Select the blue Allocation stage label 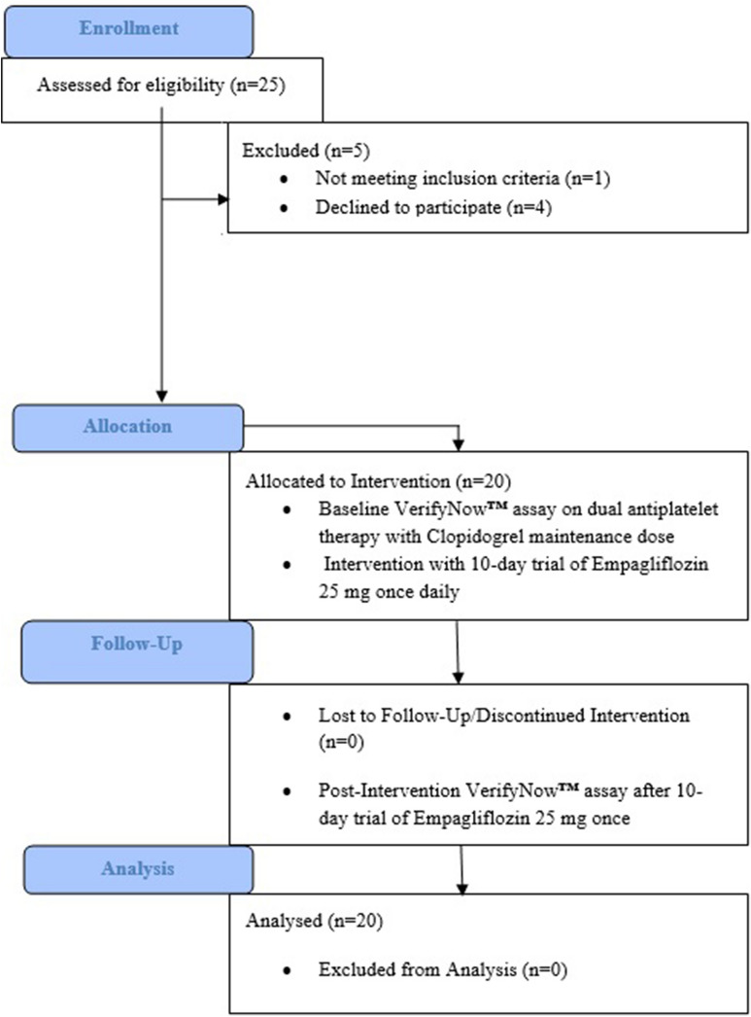pyautogui.click(x=127, y=426)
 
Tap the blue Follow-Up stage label pyautogui.click(x=133, y=645)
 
